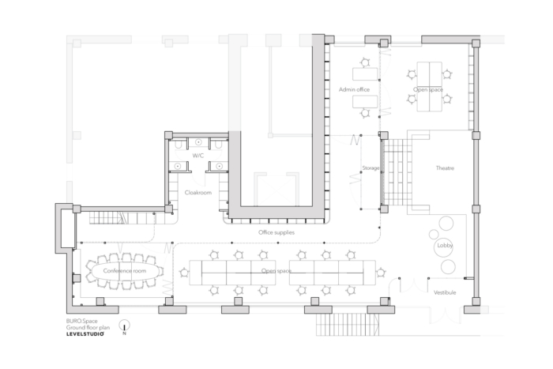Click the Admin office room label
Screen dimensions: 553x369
[354, 89]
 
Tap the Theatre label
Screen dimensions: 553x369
[445, 168]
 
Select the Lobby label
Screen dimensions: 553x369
[445, 246]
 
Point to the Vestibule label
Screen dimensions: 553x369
[445, 292]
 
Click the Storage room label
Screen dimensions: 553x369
[371, 168]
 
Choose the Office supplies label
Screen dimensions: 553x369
[276, 232]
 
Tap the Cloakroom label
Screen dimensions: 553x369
[198, 193]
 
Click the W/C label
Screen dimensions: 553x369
[197, 156]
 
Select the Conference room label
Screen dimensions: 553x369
[125, 271]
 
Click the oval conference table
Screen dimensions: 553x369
[124, 271]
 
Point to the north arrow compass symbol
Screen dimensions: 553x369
[124, 326]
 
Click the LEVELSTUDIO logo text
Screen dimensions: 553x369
[85, 333]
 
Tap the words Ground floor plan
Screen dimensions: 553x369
[88, 327]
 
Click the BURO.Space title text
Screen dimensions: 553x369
[82, 321]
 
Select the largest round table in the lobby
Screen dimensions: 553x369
[443, 247]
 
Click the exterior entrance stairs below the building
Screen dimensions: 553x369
[348, 325]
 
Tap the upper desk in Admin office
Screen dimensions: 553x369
[365, 74]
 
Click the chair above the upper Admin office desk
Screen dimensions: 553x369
[365, 62]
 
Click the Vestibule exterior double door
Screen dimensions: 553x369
[446, 315]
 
